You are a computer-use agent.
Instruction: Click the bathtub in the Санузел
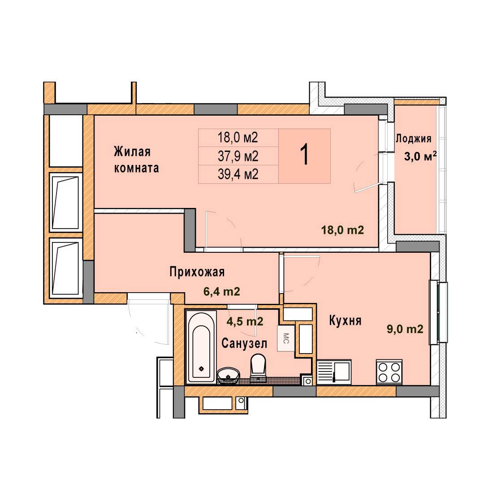tap(201, 347)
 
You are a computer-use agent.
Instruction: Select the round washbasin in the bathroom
tap(229, 376)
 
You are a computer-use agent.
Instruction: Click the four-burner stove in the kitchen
tap(389, 372)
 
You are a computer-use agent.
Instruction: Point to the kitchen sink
tap(334, 372)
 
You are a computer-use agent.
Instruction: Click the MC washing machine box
tap(286, 338)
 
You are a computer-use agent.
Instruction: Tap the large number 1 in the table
tap(304, 155)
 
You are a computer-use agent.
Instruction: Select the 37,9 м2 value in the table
tap(238, 156)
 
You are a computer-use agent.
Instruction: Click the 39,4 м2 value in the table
tap(238, 174)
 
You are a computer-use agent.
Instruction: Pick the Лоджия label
tap(414, 138)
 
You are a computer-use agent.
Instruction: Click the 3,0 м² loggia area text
tap(420, 156)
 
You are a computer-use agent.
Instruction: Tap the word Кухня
tap(345, 320)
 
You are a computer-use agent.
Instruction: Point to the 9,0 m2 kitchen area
tap(405, 329)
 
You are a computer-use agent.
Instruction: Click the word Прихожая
tap(197, 272)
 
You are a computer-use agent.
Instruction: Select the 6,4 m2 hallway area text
tap(222, 291)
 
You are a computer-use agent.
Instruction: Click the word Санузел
tap(244, 343)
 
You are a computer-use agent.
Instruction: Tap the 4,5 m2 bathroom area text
tap(245, 321)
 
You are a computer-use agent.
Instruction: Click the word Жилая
tap(132, 152)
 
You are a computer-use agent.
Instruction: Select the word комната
tap(136, 168)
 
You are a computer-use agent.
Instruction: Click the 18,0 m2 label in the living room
tap(343, 230)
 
